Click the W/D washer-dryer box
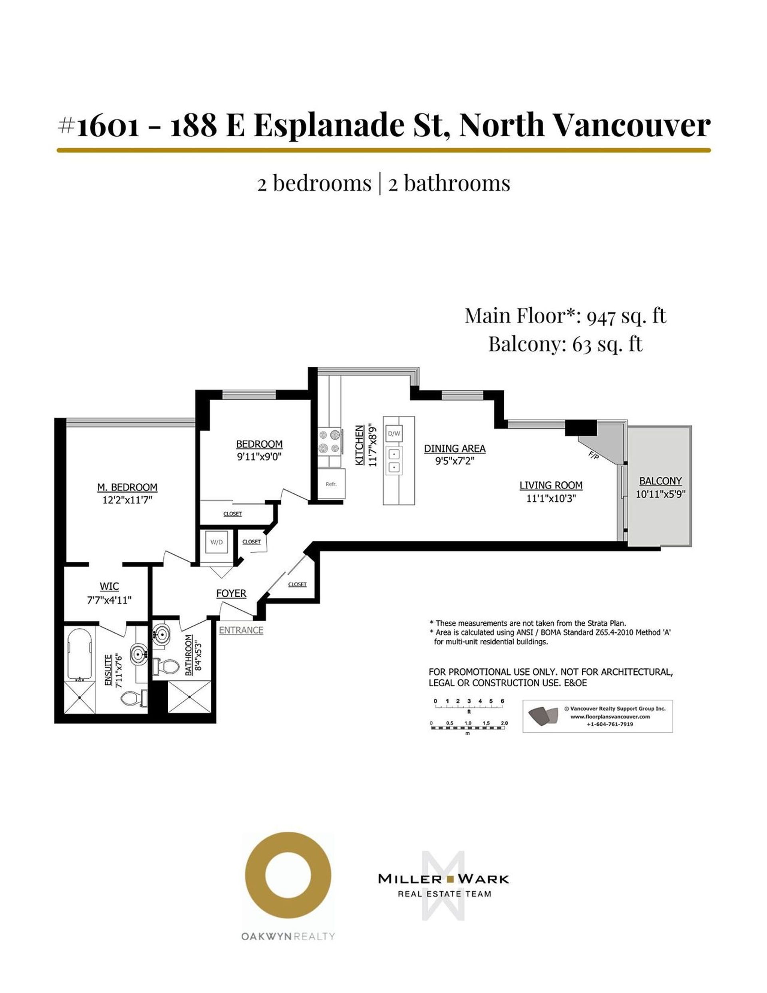click(217, 542)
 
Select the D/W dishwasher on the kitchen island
click(394, 434)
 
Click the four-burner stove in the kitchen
click(329, 442)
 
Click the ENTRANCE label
click(241, 630)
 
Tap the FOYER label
click(231, 593)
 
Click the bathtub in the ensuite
click(80, 652)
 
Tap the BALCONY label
click(660, 481)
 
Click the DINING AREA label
click(455, 448)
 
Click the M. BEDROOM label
click(127, 487)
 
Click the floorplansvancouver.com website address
click(610, 717)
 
